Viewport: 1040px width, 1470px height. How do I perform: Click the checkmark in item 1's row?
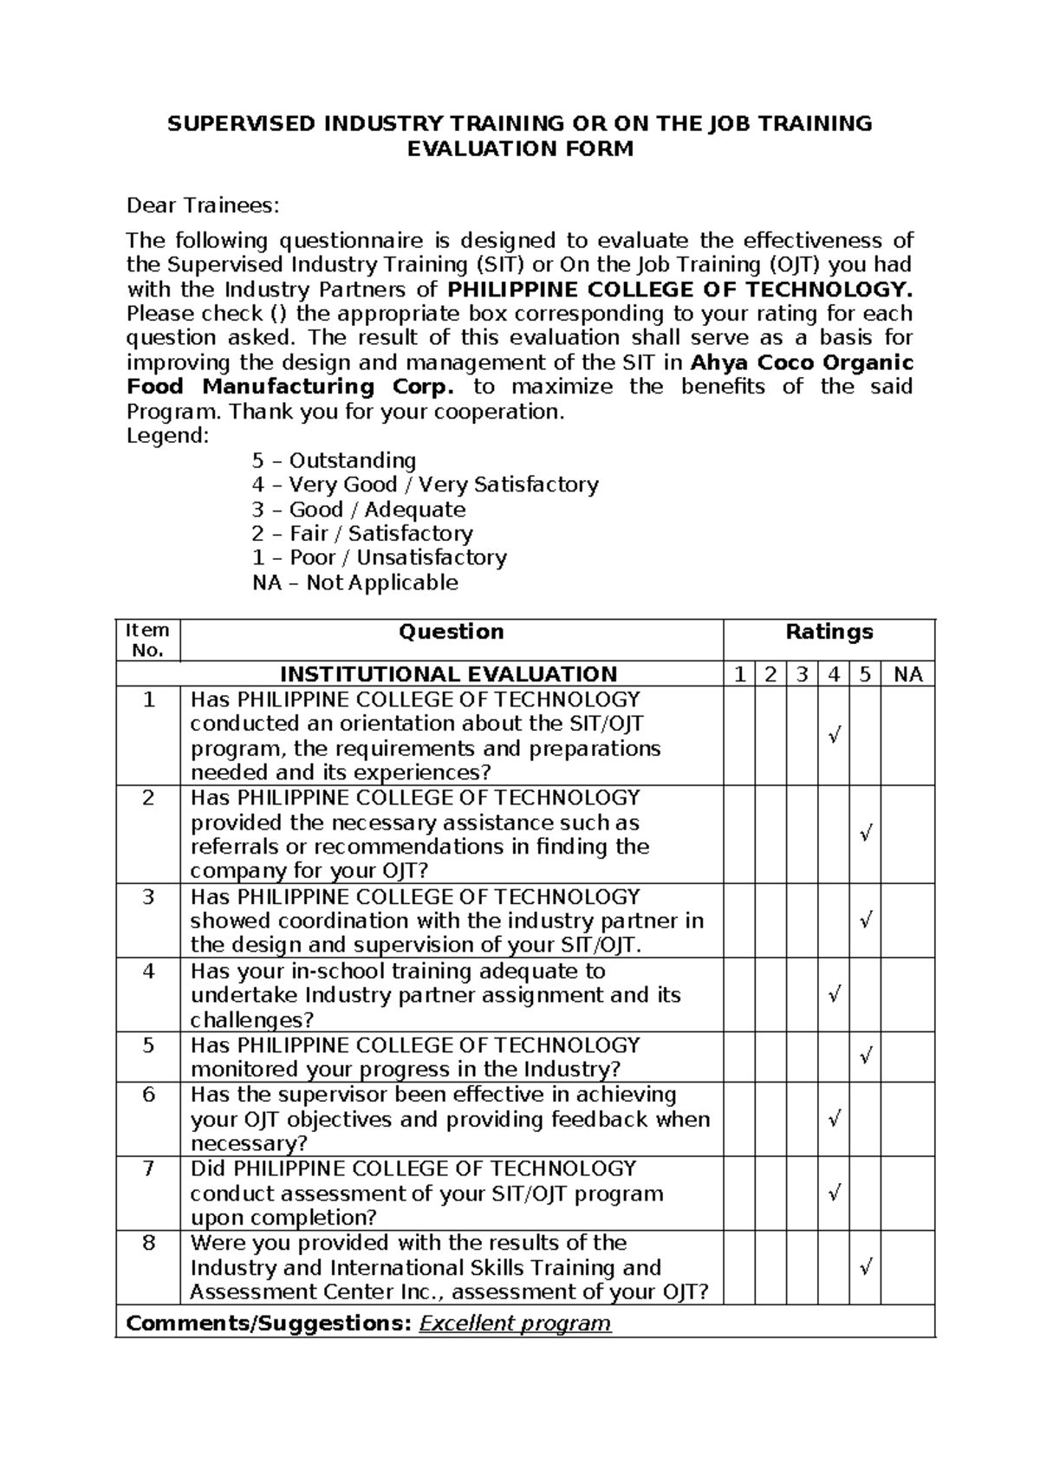pos(834,737)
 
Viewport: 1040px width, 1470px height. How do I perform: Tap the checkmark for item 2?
pos(865,834)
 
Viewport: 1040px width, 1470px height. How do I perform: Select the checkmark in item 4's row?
pos(834,994)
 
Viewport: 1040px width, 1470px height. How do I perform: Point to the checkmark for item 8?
pos(865,1268)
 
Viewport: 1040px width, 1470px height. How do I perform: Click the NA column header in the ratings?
pos(907,674)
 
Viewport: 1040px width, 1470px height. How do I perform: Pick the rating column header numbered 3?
pos(802,674)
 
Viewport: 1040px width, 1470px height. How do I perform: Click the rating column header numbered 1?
pos(739,674)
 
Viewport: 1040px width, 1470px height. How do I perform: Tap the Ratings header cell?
pos(829,632)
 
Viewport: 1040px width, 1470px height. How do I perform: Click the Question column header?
pos(451,632)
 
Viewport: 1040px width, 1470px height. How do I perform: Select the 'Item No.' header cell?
pos(147,641)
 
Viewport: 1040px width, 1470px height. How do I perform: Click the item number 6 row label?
pos(148,1095)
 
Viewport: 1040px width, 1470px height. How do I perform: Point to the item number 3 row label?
pos(148,896)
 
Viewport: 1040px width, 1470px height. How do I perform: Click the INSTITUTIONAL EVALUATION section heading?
pos(448,674)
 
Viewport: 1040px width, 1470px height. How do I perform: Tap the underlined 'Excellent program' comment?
pos(515,1324)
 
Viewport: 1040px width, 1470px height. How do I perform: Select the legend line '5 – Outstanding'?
pos(334,460)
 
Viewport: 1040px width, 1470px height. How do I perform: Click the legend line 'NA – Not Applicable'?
pos(354,582)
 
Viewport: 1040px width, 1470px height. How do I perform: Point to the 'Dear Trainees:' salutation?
pos(204,205)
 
